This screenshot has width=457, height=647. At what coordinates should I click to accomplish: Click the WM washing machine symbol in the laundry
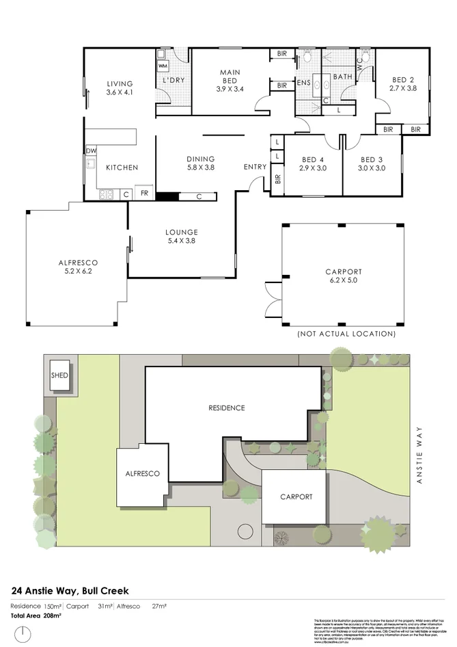click(163, 66)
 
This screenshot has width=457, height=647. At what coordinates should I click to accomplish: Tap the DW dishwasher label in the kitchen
click(90, 151)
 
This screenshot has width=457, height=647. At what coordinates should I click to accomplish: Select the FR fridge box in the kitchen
click(144, 194)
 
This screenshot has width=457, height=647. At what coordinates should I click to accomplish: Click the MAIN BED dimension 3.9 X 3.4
click(230, 89)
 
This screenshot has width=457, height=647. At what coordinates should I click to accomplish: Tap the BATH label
click(342, 77)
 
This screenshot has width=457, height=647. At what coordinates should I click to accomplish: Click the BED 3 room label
click(372, 160)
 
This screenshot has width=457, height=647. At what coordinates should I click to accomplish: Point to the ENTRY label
click(255, 167)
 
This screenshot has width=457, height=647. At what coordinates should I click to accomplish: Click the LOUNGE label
click(181, 232)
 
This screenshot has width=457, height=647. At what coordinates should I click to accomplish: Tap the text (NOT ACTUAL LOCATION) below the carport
click(346, 334)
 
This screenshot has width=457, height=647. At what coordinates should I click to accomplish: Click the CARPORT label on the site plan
click(296, 497)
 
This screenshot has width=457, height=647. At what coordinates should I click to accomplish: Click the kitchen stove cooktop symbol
click(107, 194)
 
